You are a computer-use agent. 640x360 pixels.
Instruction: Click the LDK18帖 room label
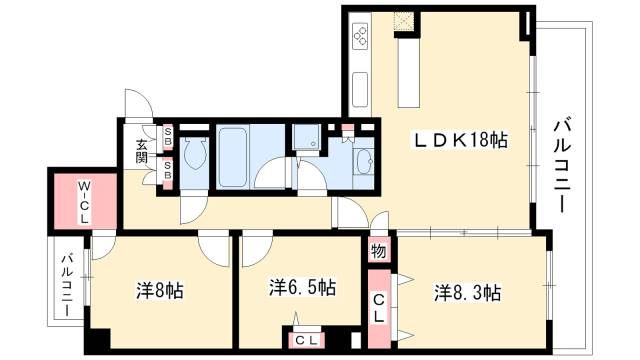[x=462, y=141]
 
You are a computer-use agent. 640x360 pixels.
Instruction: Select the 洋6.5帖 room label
[x=302, y=288]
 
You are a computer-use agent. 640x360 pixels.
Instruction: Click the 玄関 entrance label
[x=142, y=150]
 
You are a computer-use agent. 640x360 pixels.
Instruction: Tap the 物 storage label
[x=378, y=251]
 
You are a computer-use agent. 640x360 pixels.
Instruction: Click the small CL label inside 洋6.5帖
[x=302, y=340]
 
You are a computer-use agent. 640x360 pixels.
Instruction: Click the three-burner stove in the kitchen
[x=360, y=39]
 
